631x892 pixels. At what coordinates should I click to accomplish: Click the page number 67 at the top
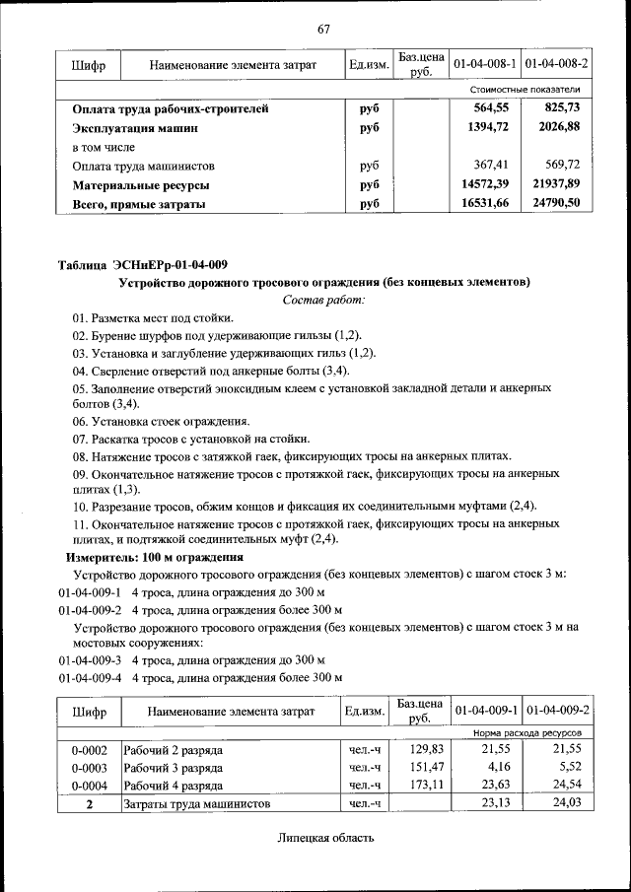point(323,29)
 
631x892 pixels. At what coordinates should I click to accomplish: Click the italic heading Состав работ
point(323,299)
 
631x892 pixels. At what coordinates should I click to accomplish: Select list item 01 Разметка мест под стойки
point(153,317)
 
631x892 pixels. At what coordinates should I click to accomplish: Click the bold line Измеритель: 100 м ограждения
point(154,557)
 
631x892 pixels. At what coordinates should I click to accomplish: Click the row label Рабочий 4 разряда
point(173,786)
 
